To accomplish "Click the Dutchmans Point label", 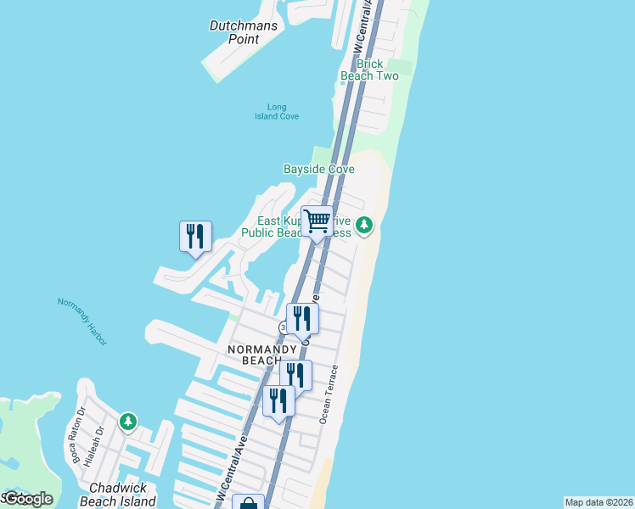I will pos(234,31).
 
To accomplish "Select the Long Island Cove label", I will pos(277,111).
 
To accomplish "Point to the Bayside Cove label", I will pos(318,169).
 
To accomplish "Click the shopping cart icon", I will pos(317,222).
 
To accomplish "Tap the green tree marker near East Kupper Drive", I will pos(364,225).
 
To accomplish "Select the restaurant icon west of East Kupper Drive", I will pos(195,237).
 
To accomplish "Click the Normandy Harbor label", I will pos(82,320).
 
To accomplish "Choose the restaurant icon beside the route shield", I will pos(302,319).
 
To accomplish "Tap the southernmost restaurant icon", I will pos(278,401).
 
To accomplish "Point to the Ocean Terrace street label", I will pos(329,394).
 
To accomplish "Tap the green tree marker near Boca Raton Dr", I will pos(127,421).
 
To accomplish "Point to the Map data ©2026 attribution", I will pos(598,502).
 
